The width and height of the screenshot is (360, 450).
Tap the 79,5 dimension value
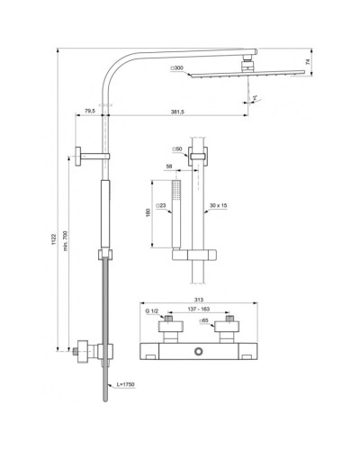pyautogui.click(x=88, y=111)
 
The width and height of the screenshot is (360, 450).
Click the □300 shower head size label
pyautogui.click(x=176, y=68)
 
